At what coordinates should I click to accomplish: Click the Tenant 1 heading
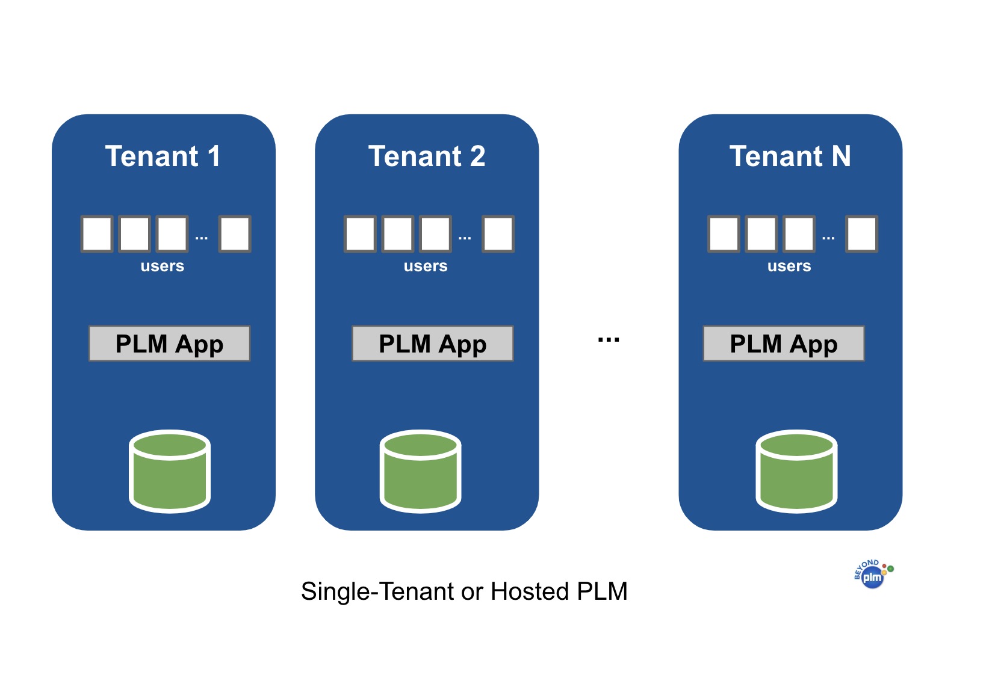163,156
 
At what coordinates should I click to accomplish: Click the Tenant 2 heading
426,156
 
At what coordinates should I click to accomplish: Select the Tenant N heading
790,156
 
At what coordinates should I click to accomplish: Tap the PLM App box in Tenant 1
169,343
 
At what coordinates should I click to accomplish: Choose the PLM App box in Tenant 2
432,343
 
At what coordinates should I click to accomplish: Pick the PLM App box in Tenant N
783,343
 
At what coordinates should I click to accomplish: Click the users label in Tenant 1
162,266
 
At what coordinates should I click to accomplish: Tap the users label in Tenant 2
426,266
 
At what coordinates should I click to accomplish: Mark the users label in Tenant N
789,266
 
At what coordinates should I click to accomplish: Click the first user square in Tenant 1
96,234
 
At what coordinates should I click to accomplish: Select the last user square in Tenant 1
234,234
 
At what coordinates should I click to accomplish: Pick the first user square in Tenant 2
360,234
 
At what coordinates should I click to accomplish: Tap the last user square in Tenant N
861,234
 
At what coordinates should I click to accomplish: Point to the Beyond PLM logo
873,575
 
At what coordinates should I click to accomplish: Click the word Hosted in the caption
530,592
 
